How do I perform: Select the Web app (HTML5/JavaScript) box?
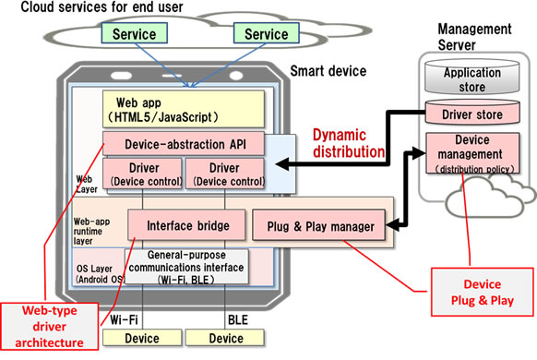185,109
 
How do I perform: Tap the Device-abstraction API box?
184,143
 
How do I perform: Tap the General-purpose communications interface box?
188,265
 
